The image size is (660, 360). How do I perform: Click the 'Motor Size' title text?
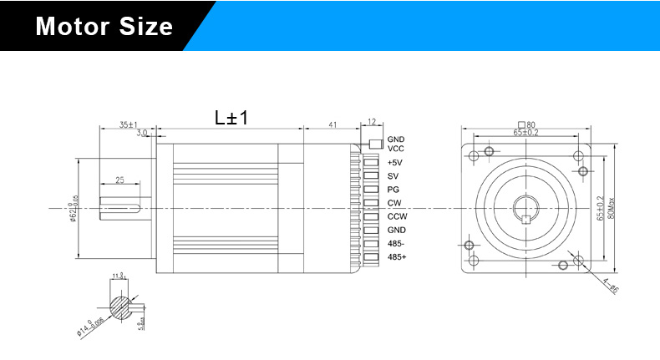point(104,27)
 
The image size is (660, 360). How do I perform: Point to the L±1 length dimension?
point(231,118)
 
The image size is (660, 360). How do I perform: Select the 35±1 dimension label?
point(128,124)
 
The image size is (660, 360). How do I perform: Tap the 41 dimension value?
point(332,124)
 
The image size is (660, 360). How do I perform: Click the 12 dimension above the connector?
point(372,122)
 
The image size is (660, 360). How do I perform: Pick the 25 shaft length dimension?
point(119,180)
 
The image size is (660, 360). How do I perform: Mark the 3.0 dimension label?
point(142,132)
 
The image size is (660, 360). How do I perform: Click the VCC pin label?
point(395,149)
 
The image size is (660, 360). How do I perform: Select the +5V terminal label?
point(395,162)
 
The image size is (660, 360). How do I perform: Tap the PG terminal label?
point(393,190)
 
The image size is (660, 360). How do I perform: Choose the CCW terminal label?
point(397,215)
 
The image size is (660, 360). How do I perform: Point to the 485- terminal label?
point(396,243)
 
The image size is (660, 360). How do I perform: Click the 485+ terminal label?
point(397,256)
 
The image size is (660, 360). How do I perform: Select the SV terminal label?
point(393,176)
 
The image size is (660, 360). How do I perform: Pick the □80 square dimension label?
point(526,124)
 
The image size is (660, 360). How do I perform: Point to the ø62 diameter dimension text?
point(74,208)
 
